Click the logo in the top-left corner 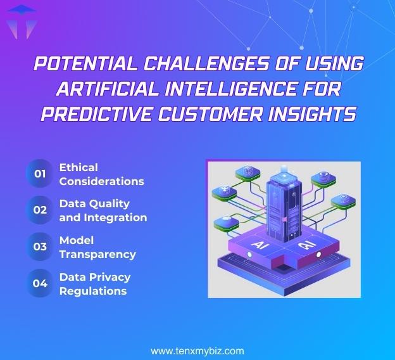(x=21, y=21)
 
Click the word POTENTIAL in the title (x=79, y=64)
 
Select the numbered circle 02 (x=40, y=210)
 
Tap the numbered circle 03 (x=40, y=247)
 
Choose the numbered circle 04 (x=40, y=283)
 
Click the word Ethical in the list (x=78, y=167)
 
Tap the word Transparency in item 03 (x=97, y=254)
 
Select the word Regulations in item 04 (x=93, y=291)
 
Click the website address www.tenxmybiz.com (x=197, y=350)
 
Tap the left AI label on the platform (x=260, y=244)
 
